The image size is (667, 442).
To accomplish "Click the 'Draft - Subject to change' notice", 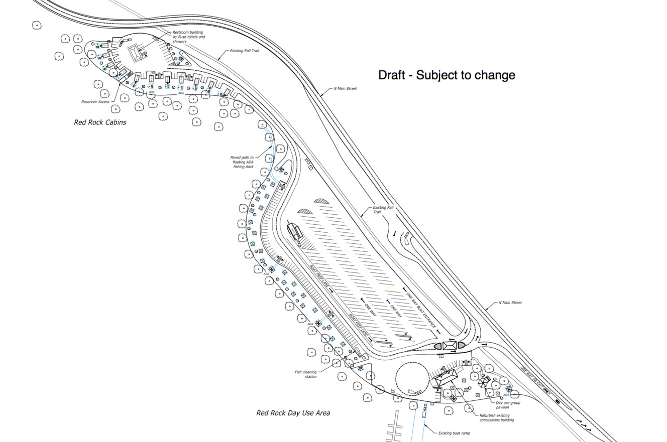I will (x=447, y=75).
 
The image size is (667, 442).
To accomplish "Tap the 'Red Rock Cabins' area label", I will (x=100, y=122).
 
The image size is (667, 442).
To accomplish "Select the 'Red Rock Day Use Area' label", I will (x=293, y=413).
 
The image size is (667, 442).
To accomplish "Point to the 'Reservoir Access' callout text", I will (x=95, y=102).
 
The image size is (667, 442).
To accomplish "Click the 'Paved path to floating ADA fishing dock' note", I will (x=242, y=162).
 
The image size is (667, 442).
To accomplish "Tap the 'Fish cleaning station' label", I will (x=305, y=374).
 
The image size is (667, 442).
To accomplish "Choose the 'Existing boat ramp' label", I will (x=454, y=433).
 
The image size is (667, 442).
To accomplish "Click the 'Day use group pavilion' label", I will (x=508, y=405).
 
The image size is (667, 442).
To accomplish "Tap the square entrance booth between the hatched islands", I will (x=449, y=346).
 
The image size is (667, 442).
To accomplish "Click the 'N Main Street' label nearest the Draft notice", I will (x=345, y=89).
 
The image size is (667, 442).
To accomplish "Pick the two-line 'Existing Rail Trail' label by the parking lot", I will (x=380, y=209).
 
